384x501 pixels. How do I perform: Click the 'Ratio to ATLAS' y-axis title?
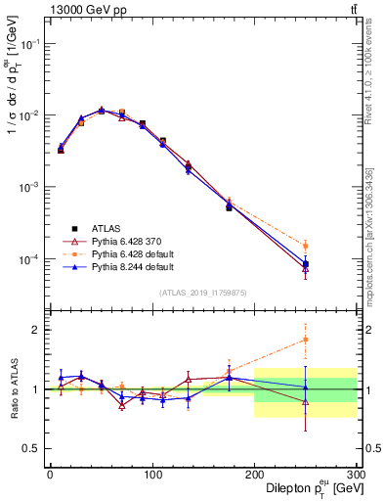tap(15, 388)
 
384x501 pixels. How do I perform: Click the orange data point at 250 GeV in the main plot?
tap(306, 246)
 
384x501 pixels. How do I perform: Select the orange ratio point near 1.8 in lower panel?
tap(306, 340)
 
